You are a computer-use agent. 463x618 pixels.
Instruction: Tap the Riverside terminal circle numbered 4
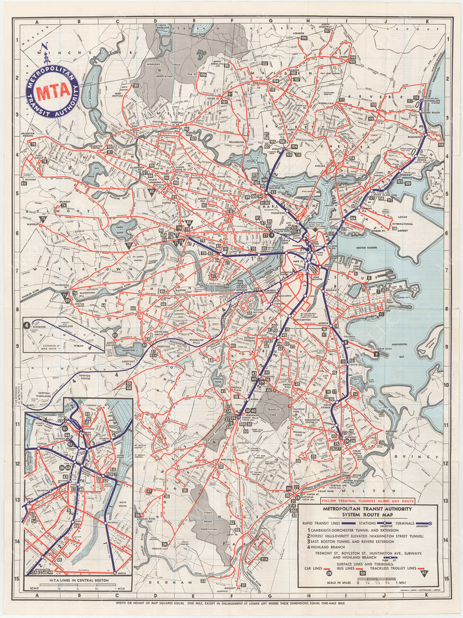pos(26,325)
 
